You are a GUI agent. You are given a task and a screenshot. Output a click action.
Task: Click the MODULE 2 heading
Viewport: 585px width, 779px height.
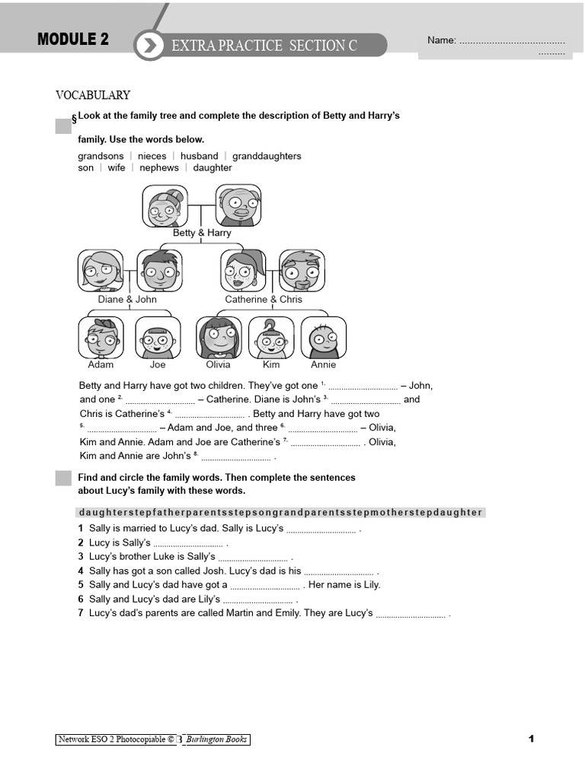[x=73, y=40]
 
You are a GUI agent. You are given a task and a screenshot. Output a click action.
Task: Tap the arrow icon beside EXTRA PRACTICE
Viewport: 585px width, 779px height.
[x=150, y=46]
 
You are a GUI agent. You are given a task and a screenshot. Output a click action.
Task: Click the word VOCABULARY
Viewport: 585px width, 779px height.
[x=93, y=95]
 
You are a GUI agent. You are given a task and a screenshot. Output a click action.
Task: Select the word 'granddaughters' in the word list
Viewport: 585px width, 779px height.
[x=267, y=156]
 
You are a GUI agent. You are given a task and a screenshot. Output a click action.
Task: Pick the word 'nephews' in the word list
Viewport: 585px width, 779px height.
[x=159, y=167]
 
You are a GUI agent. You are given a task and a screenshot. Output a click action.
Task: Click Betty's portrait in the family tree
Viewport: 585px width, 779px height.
[x=165, y=205]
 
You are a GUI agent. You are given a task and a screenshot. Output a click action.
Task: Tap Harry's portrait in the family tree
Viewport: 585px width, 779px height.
[x=238, y=205]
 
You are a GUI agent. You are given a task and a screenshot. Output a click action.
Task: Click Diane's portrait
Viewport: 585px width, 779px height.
[x=100, y=271]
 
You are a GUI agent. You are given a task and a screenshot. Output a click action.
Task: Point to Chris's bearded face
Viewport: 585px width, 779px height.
[x=302, y=271]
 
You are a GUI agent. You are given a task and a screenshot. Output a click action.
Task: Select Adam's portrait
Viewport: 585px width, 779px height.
[x=101, y=337]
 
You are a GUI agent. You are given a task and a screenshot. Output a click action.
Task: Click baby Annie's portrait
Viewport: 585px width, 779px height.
[x=324, y=337]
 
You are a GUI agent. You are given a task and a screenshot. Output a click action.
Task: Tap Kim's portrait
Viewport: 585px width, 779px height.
[x=271, y=337]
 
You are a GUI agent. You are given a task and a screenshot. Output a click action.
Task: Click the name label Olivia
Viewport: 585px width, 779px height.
[x=219, y=364]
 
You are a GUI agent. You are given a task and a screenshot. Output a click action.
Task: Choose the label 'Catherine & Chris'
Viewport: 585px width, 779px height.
[x=264, y=299]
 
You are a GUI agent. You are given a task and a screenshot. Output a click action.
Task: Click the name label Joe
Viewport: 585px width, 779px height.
[x=158, y=364]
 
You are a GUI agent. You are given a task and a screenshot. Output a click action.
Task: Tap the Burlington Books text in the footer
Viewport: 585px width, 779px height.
[x=218, y=739]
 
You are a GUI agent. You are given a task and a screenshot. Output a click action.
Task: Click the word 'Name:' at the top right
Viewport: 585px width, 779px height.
[x=441, y=40]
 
